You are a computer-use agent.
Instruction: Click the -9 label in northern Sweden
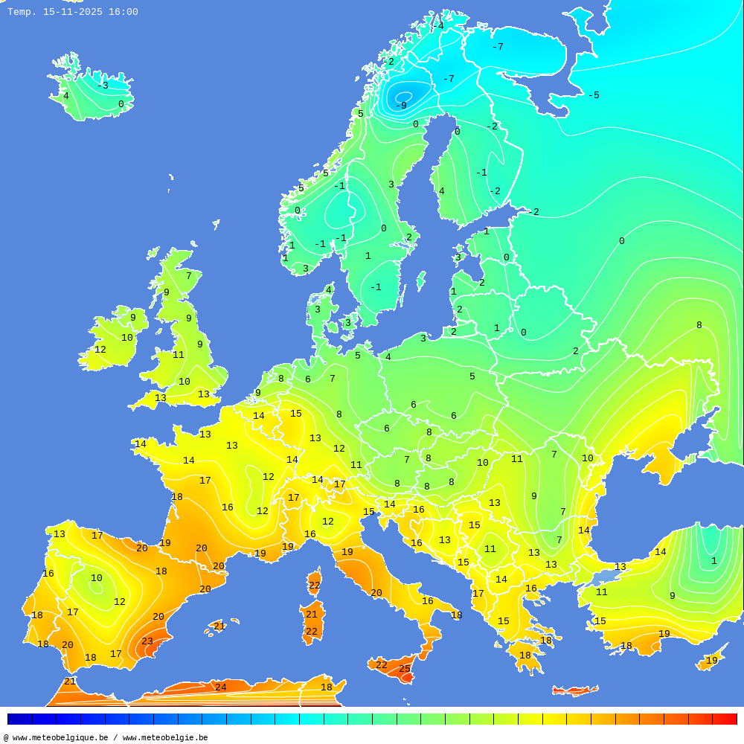(401, 106)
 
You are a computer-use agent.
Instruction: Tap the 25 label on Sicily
(405, 669)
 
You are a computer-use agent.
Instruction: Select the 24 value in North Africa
(221, 687)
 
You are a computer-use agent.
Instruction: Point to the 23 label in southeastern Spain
(147, 641)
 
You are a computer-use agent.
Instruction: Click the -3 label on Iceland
(103, 86)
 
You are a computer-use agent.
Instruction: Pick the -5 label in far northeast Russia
(593, 95)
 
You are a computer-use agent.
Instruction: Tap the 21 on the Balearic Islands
(219, 626)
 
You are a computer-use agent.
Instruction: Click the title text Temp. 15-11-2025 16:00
(73, 12)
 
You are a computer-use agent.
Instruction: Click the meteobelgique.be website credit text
(106, 737)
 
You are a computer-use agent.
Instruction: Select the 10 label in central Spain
(97, 578)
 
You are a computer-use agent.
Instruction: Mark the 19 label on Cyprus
(712, 661)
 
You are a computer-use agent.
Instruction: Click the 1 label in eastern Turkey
(713, 561)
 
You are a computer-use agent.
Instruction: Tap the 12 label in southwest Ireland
(100, 350)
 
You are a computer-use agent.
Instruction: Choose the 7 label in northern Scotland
(188, 276)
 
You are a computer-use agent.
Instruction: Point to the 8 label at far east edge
(699, 325)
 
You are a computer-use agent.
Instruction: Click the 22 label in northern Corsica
(315, 586)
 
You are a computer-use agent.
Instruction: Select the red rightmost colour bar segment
(724, 719)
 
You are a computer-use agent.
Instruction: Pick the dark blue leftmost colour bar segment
(19, 719)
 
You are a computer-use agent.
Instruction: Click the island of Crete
(575, 691)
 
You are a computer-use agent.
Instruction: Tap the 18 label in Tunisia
(327, 687)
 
